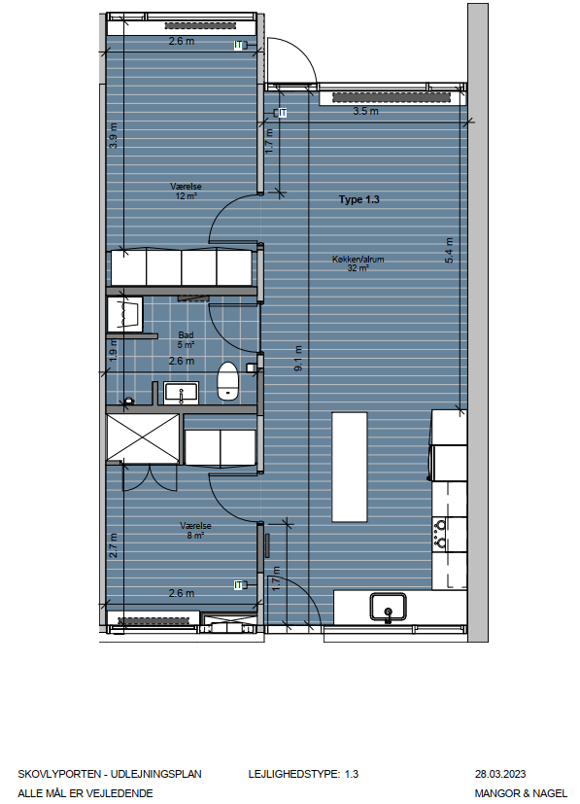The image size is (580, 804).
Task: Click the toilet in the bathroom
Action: pyautogui.click(x=227, y=381)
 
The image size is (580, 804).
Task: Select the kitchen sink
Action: pyautogui.click(x=389, y=607)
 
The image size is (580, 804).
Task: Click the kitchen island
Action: pyautogui.click(x=350, y=467)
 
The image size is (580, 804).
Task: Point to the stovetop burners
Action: pyautogui.click(x=440, y=534)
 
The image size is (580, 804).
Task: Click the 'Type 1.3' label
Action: pyautogui.click(x=358, y=199)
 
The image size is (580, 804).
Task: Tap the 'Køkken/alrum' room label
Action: pyautogui.click(x=358, y=260)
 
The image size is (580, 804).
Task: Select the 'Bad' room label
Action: pyautogui.click(x=186, y=335)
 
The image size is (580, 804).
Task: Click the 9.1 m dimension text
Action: pyautogui.click(x=298, y=359)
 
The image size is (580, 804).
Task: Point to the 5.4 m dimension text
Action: pyautogui.click(x=449, y=250)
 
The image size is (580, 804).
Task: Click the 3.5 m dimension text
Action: pyautogui.click(x=366, y=111)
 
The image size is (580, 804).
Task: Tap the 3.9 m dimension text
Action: pyautogui.click(x=114, y=136)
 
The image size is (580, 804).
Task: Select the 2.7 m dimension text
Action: pyautogui.click(x=114, y=545)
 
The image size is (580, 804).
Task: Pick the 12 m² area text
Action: pyautogui.click(x=186, y=195)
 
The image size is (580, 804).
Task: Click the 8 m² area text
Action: pyautogui.click(x=195, y=536)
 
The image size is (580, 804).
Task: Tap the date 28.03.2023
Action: pyautogui.click(x=500, y=774)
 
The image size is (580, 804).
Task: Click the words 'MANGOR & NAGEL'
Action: pyautogui.click(x=521, y=793)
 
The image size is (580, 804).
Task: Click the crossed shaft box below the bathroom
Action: pyautogui.click(x=143, y=438)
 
